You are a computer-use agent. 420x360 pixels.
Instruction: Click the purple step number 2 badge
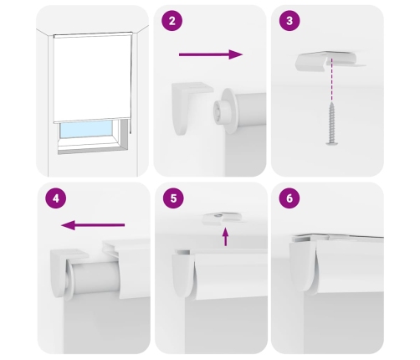pos(172,21)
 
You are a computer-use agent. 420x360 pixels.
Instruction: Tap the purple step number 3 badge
pos(289,21)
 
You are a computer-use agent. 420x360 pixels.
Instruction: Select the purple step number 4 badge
pos(56,198)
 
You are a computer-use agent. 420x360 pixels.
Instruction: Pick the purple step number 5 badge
pos(173,198)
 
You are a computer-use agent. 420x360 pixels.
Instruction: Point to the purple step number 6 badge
pos(289,198)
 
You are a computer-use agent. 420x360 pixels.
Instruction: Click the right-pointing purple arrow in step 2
pos(211,54)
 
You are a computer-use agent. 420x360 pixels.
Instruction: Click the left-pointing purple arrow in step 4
pos(93,225)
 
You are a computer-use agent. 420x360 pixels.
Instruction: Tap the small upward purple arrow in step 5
pos(226,237)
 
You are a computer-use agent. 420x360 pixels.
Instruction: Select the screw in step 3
pos(332,123)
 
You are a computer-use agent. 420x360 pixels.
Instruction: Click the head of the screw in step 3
pos(332,143)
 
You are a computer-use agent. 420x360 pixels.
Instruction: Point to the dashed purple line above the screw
pos(331,80)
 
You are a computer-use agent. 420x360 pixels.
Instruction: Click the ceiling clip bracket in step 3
pos(329,61)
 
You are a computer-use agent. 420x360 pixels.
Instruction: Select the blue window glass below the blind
pos(86,129)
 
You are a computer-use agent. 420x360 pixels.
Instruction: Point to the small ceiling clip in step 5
pos(223,219)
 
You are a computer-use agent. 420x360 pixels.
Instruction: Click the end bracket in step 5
pos(182,275)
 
